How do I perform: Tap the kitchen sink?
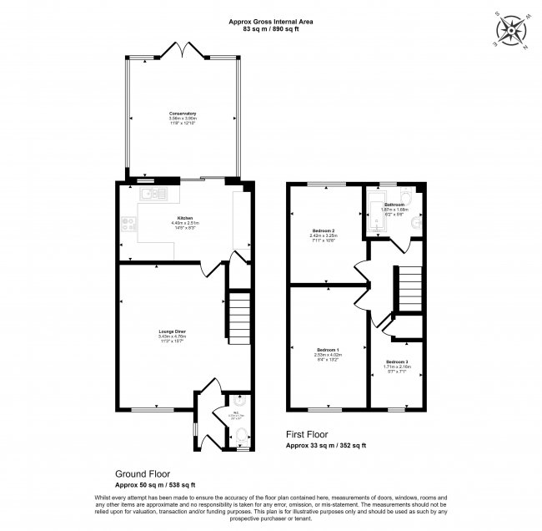tap(154, 194)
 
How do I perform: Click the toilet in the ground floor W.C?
tap(238, 434)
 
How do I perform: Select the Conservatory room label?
tap(182, 114)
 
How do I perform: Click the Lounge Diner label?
tap(172, 331)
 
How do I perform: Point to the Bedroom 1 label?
tap(329, 350)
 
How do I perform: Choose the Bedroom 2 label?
tap(324, 230)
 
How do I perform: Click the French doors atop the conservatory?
tap(182, 52)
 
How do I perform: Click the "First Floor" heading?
tap(308, 434)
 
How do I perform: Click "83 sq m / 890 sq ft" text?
tap(270, 29)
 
